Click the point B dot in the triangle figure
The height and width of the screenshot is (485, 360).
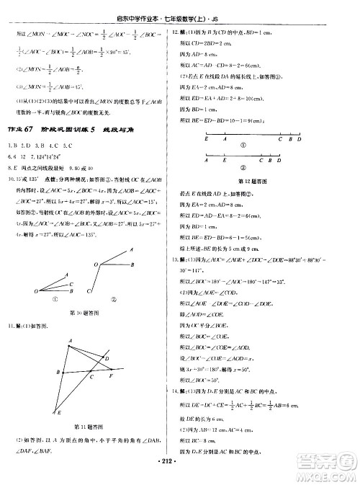click(62, 371)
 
